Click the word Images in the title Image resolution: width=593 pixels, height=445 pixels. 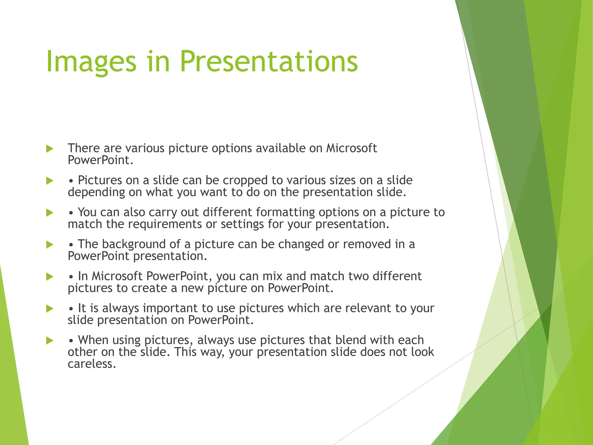91,62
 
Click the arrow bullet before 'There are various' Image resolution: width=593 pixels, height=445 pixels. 50,149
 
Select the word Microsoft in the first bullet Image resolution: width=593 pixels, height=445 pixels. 352,148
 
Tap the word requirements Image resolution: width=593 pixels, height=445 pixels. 165,224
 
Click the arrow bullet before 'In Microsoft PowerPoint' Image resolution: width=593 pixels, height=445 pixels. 50,277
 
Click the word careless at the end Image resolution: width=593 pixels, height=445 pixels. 91,364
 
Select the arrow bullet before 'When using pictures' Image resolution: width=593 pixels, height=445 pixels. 50,341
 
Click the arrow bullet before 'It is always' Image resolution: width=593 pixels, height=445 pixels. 50,309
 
